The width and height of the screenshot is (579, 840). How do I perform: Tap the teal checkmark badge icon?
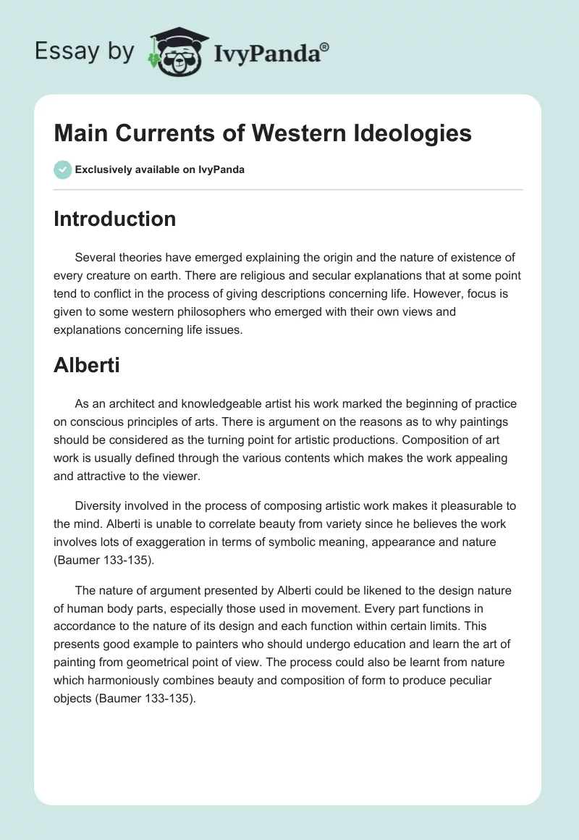pos(62,169)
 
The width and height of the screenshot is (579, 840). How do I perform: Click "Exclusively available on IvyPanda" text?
pos(160,170)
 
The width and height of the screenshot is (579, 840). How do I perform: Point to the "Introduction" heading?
pos(114,219)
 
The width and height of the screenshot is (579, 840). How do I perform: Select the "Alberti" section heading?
pos(86,365)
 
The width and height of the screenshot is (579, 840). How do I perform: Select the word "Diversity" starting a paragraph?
pos(98,505)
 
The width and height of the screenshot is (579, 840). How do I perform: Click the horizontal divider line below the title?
pos(288,190)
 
